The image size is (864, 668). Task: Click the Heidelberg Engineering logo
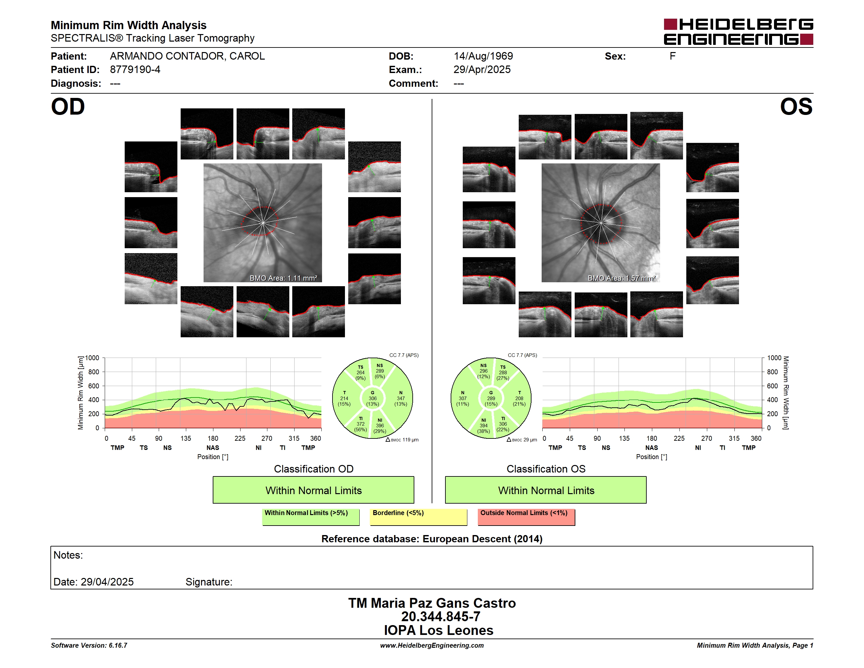coord(738,32)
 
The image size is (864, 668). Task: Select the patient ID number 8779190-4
coord(135,70)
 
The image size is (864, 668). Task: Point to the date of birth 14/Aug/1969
coord(483,56)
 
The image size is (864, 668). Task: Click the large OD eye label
coord(68,107)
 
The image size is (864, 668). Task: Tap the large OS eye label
coord(796,107)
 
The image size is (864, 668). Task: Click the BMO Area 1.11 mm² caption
coord(283,278)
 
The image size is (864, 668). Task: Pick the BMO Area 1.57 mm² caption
coord(621,278)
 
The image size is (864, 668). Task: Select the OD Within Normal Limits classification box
coord(313,490)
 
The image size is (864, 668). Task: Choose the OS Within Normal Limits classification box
coord(546,490)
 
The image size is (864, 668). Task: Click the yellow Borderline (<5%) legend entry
coord(419,517)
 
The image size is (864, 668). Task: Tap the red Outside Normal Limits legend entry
coord(526,517)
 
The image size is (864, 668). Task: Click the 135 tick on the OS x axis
coord(624,438)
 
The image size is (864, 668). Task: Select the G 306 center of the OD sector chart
coord(372,399)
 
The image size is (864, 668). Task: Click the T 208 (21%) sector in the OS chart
coord(519,399)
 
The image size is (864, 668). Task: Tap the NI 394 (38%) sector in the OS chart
coord(483,426)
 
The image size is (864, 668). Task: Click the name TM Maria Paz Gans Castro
coord(432,603)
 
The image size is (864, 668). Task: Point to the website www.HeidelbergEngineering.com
coord(432,645)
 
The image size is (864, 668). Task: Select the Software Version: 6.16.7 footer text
coord(89,645)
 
